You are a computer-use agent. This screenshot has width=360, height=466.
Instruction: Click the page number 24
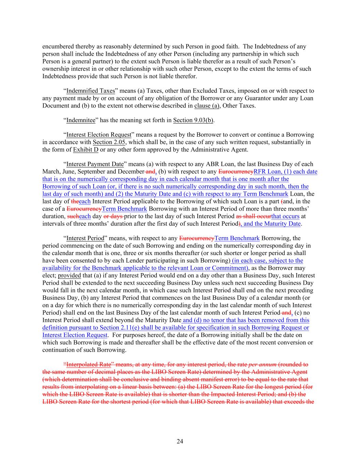180,441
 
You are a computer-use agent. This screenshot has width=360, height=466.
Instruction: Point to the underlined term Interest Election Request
99,135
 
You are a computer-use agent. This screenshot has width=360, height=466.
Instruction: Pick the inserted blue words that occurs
285,216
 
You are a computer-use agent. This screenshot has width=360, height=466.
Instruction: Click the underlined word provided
69,276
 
